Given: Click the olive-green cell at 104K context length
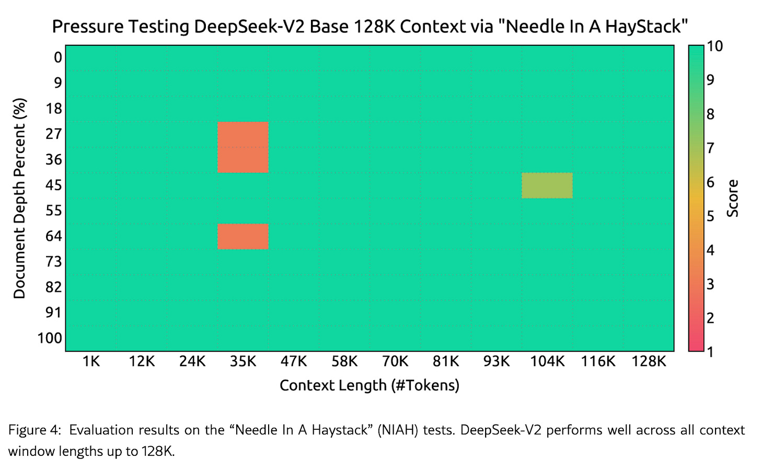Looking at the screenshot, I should [547, 185].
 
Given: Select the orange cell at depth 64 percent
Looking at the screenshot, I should [243, 237].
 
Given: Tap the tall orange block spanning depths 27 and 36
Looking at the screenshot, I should [243, 147].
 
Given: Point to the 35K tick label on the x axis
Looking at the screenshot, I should [243, 361].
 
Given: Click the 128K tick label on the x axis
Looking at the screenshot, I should [649, 361].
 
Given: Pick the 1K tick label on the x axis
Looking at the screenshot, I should [91, 361].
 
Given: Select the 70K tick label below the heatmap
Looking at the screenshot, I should [395, 361].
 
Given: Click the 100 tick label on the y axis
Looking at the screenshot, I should [50, 338].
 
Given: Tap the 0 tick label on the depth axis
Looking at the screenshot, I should [57, 57].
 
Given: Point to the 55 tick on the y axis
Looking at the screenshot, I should [53, 210].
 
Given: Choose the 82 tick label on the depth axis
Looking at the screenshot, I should [53, 287].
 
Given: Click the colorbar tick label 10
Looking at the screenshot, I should [714, 46].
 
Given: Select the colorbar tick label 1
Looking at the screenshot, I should [710, 351].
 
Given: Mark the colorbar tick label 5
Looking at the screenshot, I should [710, 216].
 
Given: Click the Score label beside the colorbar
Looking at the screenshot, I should [733, 198].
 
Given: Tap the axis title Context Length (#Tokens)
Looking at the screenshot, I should [370, 385].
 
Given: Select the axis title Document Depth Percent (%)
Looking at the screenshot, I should [19, 198].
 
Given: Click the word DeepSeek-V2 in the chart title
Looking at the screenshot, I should [250, 26].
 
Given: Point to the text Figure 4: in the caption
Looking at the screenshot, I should [34, 430].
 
